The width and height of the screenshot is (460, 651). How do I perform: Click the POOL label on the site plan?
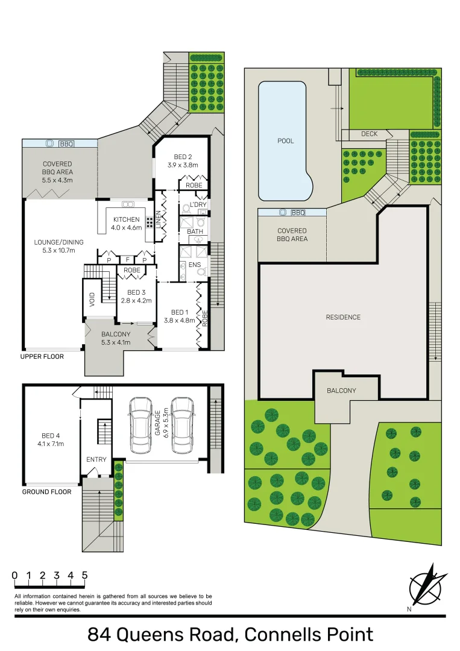[286, 141]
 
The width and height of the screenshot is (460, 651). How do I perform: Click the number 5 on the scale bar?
[84, 575]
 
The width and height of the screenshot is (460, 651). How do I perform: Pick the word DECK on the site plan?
[369, 134]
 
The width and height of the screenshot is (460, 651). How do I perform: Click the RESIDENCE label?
[343, 317]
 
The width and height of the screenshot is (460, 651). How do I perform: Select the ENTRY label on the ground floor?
[96, 459]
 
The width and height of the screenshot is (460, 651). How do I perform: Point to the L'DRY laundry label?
[198, 205]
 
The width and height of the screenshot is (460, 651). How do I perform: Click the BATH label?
[195, 231]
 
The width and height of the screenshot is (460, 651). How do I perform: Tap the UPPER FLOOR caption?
[42, 356]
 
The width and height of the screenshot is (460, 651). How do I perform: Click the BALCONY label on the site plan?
[341, 391]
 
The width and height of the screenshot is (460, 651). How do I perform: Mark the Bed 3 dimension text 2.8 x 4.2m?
[136, 300]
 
